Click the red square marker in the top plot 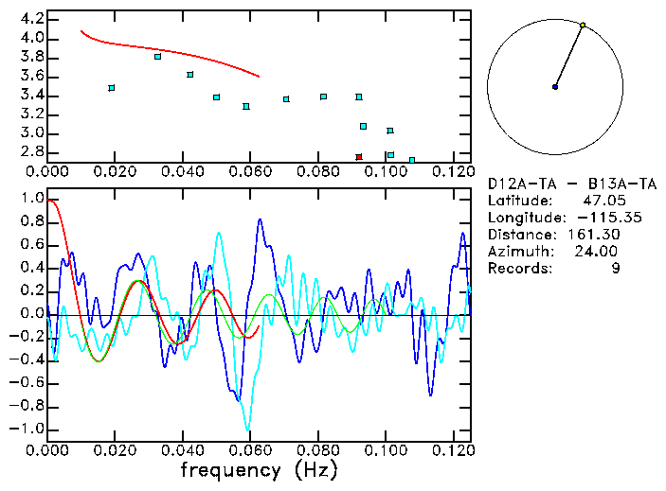(x=359, y=156)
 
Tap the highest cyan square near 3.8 (x=157, y=57)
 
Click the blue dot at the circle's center (x=555, y=87)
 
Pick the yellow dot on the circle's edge (x=583, y=25)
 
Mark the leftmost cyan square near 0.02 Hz (x=112, y=88)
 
